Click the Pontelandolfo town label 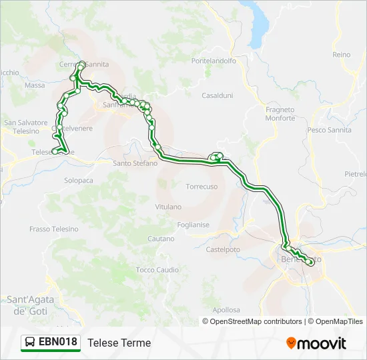(214, 61)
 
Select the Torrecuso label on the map (202, 187)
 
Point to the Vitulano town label (167, 207)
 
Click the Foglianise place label (193, 225)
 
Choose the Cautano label (161, 239)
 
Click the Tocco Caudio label (157, 270)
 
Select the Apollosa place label (226, 310)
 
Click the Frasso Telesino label (53, 229)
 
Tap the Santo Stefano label (135, 163)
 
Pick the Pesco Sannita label (329, 130)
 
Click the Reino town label (341, 55)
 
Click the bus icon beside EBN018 (30, 343)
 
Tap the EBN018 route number (58, 343)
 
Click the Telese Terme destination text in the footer (119, 343)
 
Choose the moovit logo (316, 343)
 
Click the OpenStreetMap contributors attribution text (256, 321)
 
